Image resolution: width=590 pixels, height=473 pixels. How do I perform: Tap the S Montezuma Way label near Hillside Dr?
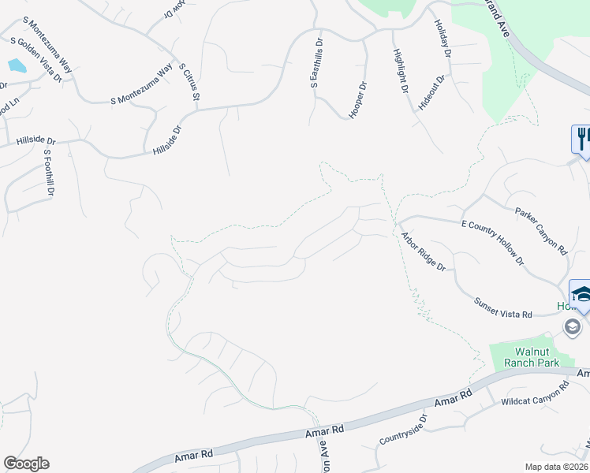point(142,84)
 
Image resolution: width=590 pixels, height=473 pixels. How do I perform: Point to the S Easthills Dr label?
point(317,69)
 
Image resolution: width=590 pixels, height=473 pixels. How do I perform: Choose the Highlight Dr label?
point(400,71)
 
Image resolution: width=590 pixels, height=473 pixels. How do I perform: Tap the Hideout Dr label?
point(432,92)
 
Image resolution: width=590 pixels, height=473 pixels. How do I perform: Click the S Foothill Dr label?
point(49,173)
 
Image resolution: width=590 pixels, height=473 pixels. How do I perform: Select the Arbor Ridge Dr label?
point(423,251)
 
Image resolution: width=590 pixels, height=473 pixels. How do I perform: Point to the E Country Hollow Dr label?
point(492,242)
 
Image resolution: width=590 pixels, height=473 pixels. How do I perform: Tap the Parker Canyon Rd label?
point(541,230)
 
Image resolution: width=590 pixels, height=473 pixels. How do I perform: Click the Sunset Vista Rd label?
point(503,308)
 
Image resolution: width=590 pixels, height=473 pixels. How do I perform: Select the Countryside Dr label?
point(402,428)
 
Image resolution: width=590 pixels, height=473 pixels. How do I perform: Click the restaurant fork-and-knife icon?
point(581,139)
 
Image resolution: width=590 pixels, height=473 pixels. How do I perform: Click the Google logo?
point(26,464)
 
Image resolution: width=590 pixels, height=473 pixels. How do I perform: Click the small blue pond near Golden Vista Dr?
point(15,65)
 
